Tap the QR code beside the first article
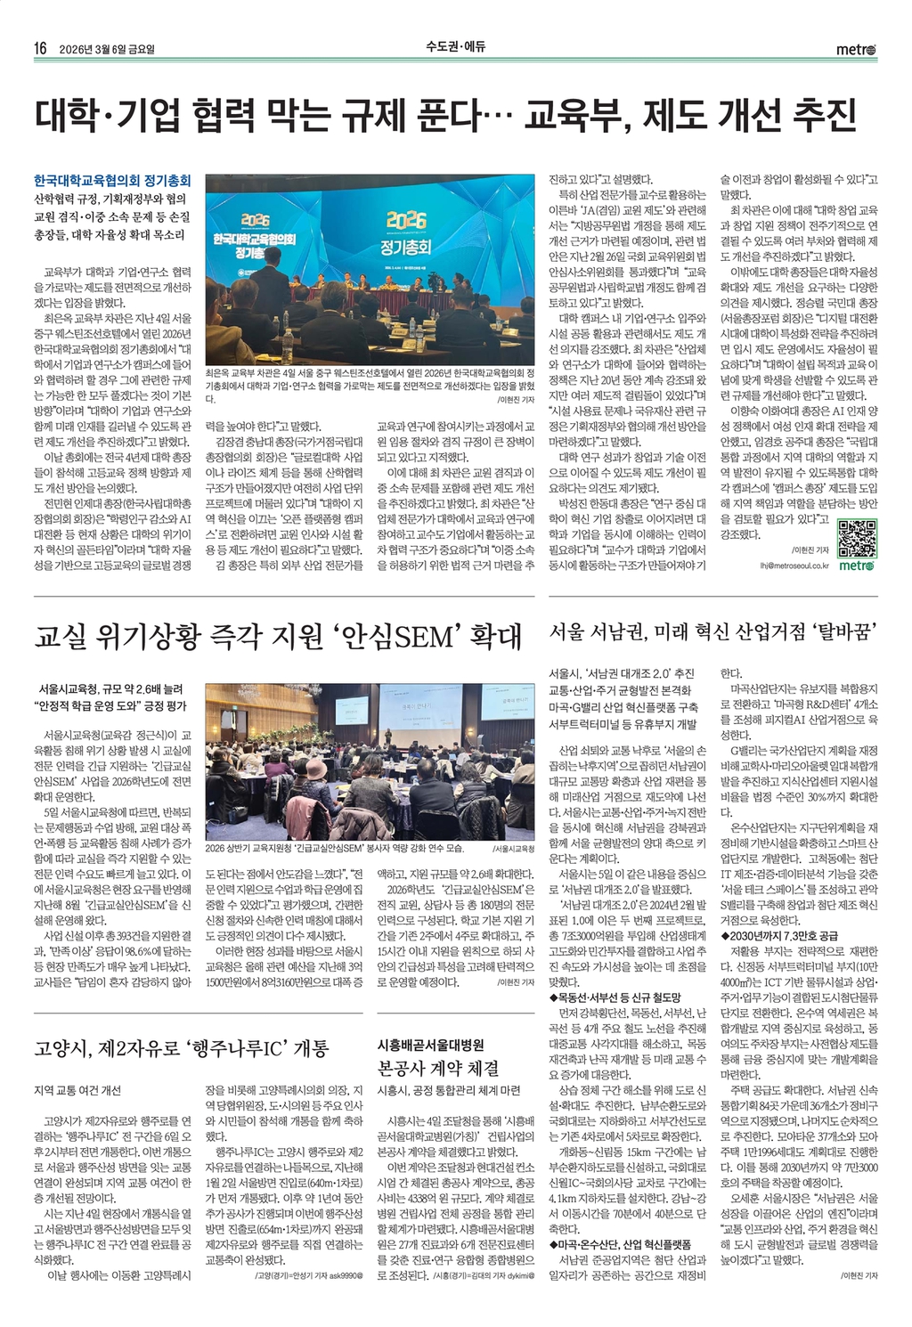pos(858,536)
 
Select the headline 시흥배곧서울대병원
pos(431,1044)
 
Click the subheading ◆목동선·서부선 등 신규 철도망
pos(615,997)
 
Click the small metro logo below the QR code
pos(857,566)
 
